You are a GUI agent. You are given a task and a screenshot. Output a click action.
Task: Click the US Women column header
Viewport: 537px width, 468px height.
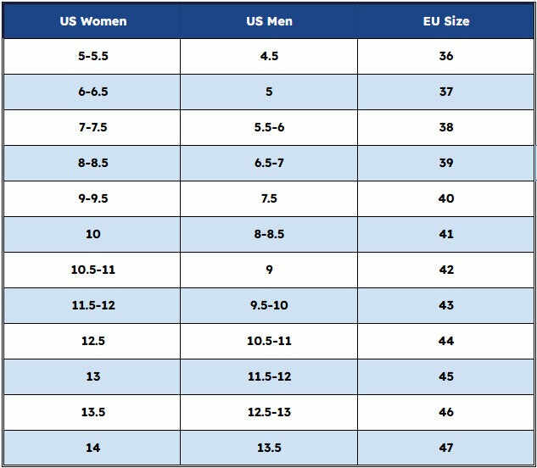[93, 21]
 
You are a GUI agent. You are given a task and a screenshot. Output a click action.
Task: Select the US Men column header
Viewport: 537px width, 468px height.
[269, 21]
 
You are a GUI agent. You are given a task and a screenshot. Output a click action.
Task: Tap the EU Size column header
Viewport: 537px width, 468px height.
[446, 21]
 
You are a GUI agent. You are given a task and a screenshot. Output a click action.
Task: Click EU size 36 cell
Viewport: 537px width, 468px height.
[446, 56]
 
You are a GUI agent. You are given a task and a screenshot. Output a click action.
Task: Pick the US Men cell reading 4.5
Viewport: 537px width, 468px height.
[269, 56]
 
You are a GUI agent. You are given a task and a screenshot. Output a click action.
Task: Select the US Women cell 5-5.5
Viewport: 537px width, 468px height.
[93, 56]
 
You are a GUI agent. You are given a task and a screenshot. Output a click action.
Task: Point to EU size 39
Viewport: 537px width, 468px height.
[446, 163]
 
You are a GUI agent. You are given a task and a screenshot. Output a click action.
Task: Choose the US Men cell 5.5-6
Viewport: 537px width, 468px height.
[269, 127]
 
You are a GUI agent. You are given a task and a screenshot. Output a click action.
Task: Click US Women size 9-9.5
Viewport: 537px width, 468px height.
[93, 198]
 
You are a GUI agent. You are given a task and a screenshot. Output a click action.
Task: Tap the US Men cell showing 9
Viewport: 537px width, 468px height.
[269, 270]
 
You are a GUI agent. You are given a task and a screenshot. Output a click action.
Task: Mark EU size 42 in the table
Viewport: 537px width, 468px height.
[446, 270]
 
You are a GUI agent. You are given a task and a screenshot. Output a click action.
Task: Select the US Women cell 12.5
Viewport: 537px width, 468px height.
[93, 341]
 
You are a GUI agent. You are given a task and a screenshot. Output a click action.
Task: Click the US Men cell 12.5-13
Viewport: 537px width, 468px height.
[269, 412]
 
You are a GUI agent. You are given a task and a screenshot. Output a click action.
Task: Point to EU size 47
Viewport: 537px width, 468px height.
[446, 448]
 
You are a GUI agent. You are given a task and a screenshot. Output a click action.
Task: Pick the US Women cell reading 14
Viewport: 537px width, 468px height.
[93, 448]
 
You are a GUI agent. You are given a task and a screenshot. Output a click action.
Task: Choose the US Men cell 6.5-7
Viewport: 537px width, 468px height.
[269, 163]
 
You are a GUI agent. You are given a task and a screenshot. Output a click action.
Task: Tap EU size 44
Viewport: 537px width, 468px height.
[446, 341]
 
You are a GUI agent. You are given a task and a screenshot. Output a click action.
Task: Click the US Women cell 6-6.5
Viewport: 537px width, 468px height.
[93, 92]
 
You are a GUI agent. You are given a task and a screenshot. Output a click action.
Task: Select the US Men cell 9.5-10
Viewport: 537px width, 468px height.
[269, 305]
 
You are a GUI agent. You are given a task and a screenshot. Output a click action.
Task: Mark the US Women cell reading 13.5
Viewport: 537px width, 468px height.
[93, 412]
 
